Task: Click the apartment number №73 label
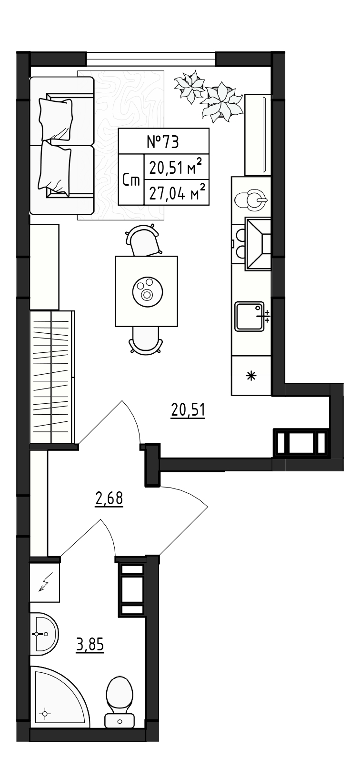coord(163,142)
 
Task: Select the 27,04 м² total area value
coord(177,192)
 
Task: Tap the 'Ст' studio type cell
coord(131,180)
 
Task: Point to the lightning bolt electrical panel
coord(45,582)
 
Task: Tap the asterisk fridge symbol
coord(251,376)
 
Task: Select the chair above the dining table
coord(144,240)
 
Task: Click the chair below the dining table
coord(146,340)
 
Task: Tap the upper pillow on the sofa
coord(56,119)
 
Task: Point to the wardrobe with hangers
coord(52,377)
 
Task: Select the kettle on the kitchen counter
coord(251,200)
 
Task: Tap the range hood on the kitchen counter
coord(258,244)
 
